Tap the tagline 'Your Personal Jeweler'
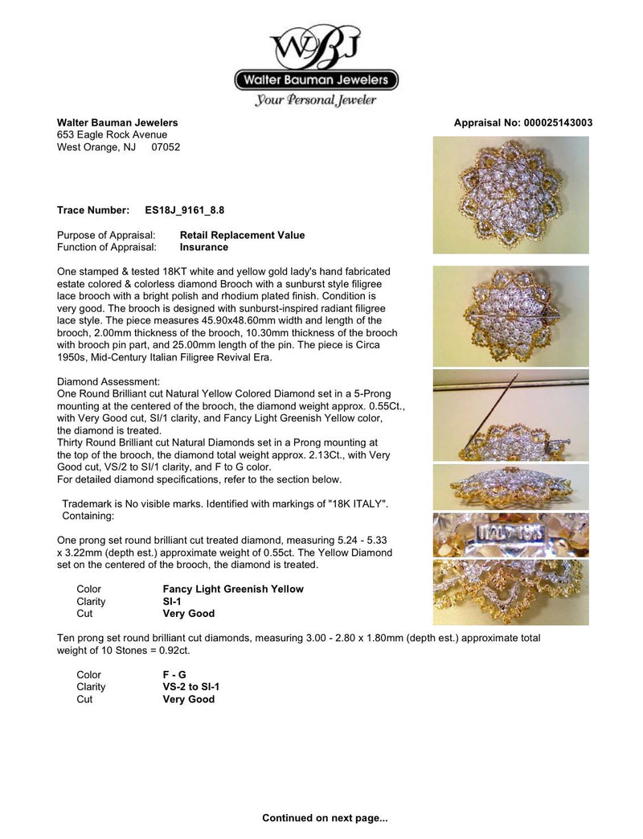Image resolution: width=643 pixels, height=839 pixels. pos(316,101)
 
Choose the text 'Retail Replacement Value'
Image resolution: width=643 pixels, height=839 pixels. pos(242,236)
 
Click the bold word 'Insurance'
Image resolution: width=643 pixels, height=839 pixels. pos(203,248)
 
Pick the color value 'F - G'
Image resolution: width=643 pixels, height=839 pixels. pos(174,675)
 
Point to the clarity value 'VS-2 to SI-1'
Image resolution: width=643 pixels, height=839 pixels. pos(190,687)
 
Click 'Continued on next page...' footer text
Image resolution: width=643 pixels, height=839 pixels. pos(325,818)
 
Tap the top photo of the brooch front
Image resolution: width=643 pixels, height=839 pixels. pos(510,195)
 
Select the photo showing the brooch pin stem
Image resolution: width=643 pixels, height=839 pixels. pos(510,415)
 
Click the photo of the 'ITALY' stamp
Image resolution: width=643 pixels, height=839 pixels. pos(510,535)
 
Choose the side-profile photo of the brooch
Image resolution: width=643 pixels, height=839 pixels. pos(510,487)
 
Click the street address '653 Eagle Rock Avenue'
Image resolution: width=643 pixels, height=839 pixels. pos(112,135)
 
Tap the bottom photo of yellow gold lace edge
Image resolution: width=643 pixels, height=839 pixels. pos(510,592)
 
